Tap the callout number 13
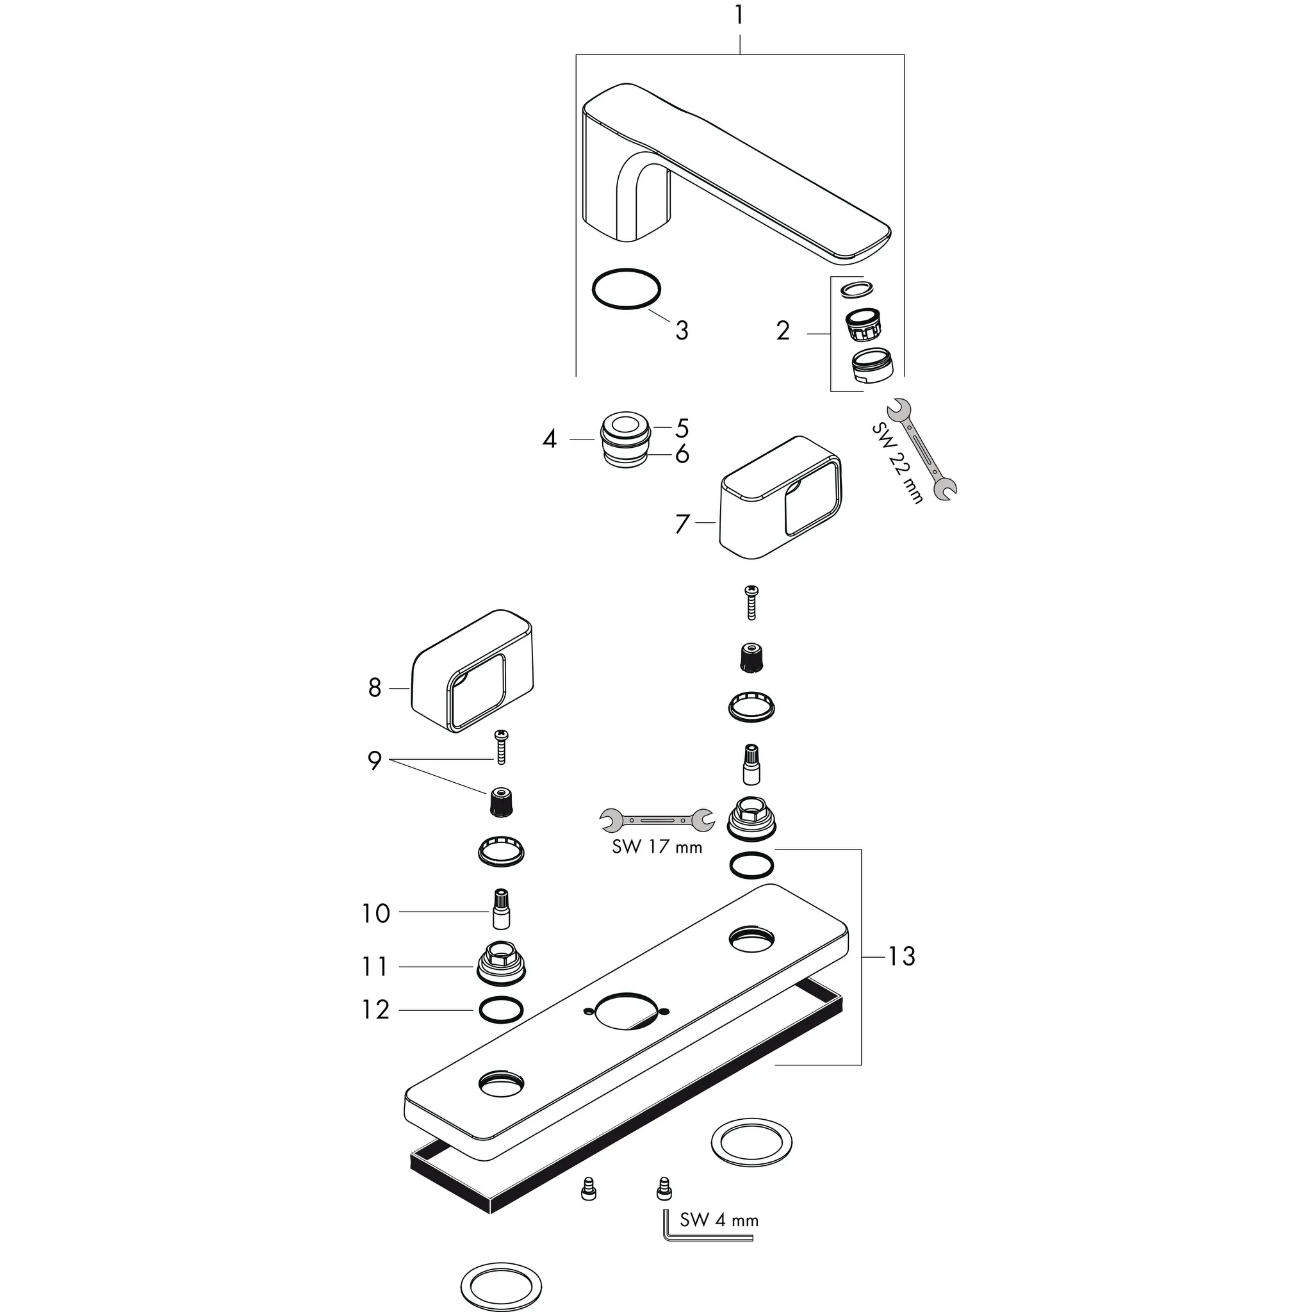(x=902, y=957)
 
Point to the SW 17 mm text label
(x=657, y=847)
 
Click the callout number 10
(x=375, y=914)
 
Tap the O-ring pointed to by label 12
(x=501, y=1010)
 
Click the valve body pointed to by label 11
(x=501, y=964)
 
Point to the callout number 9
(x=375, y=761)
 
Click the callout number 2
(x=783, y=331)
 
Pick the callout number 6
(x=682, y=454)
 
